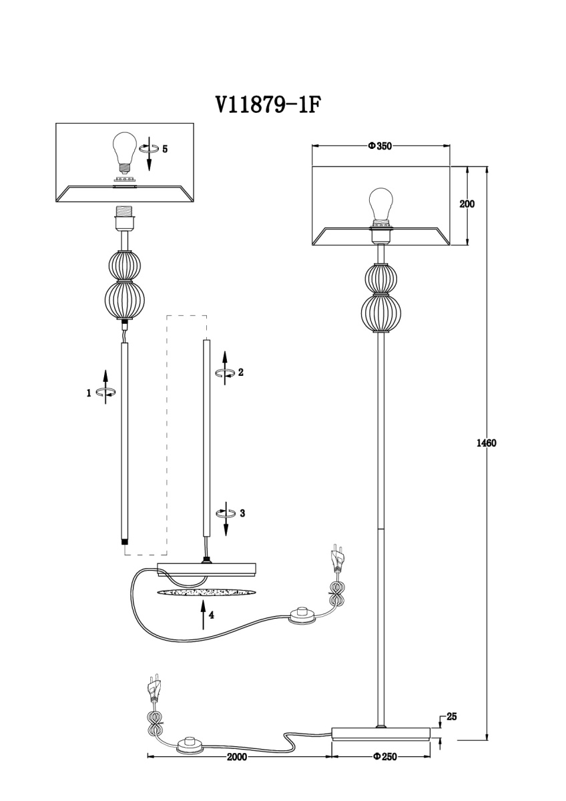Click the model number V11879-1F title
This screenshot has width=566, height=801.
[264, 104]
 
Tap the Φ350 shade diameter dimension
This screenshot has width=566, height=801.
[379, 146]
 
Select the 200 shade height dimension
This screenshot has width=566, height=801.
[467, 204]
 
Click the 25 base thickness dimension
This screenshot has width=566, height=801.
[451, 717]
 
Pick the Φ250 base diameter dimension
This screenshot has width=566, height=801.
[384, 756]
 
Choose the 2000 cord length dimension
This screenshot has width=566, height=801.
[237, 757]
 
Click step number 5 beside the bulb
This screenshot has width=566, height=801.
[165, 148]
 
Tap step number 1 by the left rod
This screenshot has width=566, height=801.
[89, 393]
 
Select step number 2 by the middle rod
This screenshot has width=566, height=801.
[240, 372]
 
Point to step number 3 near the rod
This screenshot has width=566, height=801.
[242, 513]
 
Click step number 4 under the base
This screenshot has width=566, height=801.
[211, 615]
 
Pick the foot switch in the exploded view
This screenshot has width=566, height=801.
[304, 613]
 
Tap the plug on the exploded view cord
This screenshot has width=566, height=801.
[338, 558]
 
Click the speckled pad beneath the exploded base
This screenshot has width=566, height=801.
[207, 593]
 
